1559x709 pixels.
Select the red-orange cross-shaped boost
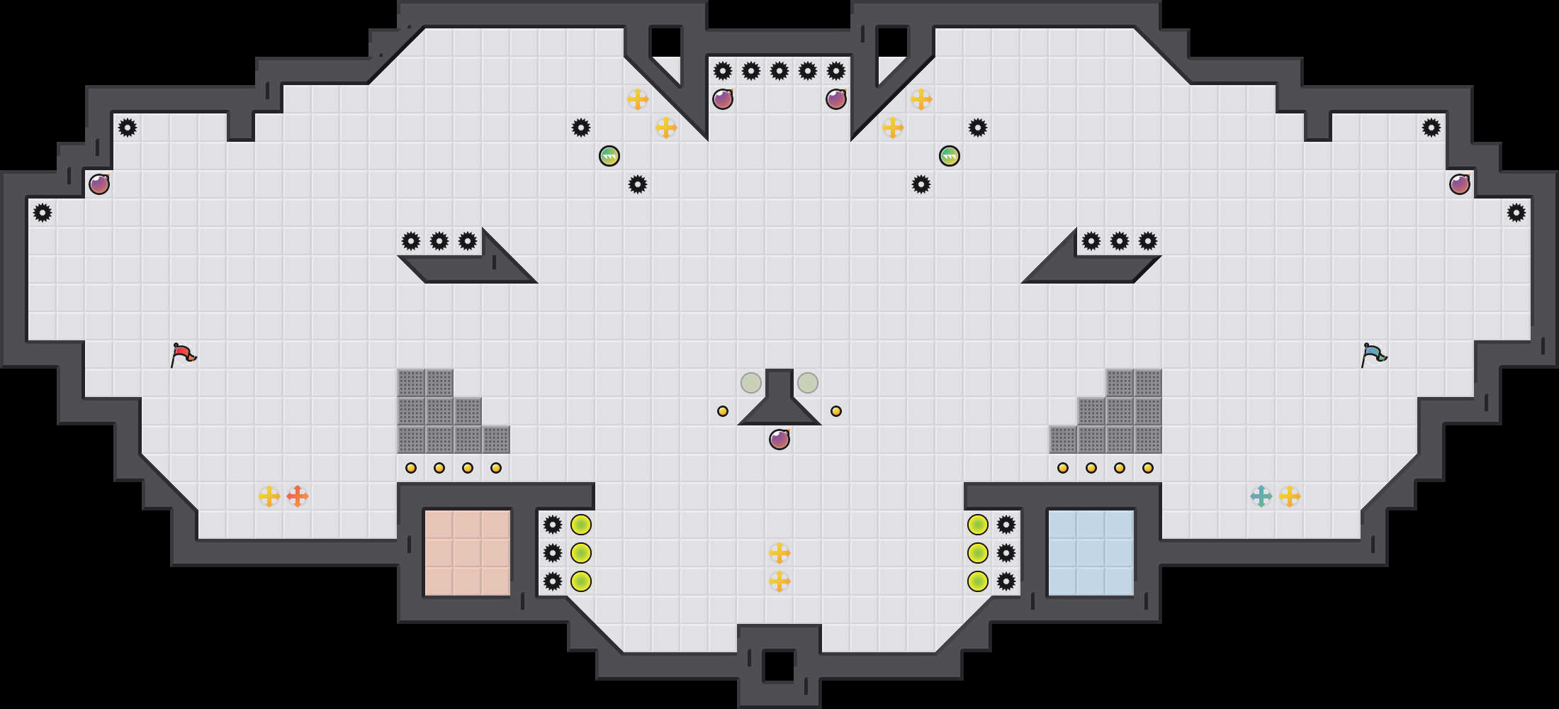point(298,496)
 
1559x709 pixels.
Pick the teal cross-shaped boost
point(1261,496)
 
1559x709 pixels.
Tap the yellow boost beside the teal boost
point(1290,496)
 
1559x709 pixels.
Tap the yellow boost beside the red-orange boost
point(269,496)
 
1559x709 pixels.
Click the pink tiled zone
point(468,553)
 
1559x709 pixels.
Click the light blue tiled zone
point(1091,553)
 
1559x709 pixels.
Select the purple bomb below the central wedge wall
point(779,440)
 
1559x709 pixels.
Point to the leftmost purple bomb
point(99,184)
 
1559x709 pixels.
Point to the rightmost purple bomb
point(1460,184)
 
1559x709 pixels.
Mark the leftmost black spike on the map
point(43,213)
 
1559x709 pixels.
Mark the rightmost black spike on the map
point(1516,213)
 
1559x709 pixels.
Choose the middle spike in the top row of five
point(779,71)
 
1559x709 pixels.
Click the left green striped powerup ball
point(609,156)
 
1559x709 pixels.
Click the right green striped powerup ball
point(950,156)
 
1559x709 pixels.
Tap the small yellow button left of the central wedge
point(723,411)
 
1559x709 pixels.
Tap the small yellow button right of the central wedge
point(836,411)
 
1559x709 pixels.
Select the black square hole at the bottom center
point(779,666)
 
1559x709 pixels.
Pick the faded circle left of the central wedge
point(751,383)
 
